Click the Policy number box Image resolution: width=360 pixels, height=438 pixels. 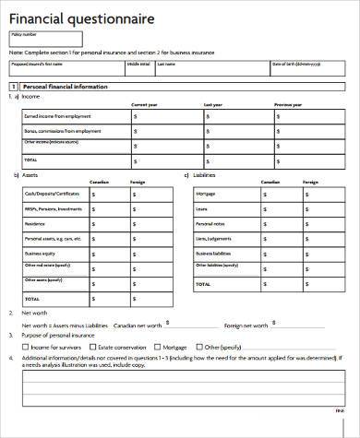coord(44,39)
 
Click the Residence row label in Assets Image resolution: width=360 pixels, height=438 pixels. coord(34,224)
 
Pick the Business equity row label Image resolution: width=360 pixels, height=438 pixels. coord(41,253)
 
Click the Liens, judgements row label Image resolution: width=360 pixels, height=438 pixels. coord(213,238)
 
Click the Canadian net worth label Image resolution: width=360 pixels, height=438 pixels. coord(143,326)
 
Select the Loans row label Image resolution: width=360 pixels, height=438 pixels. coord(201,209)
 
